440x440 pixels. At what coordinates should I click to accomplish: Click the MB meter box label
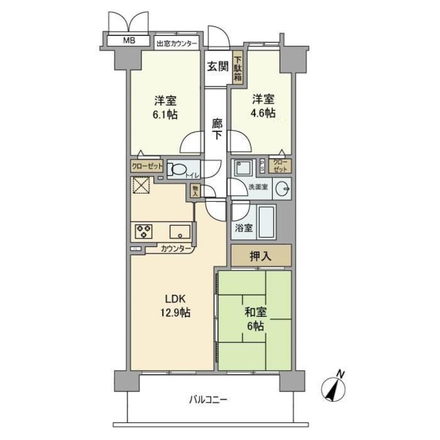pos(129,40)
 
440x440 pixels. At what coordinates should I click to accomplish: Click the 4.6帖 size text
pos(264,114)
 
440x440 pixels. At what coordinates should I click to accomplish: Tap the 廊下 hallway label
pos(218,129)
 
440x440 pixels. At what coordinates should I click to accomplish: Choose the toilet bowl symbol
pos(178,169)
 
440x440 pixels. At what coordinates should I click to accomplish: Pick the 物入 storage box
pos(195,191)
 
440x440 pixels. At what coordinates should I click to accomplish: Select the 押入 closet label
pos(260,256)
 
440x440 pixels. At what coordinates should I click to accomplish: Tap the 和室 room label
pos(256,312)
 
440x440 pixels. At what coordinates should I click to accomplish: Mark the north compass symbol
pos(335,389)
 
